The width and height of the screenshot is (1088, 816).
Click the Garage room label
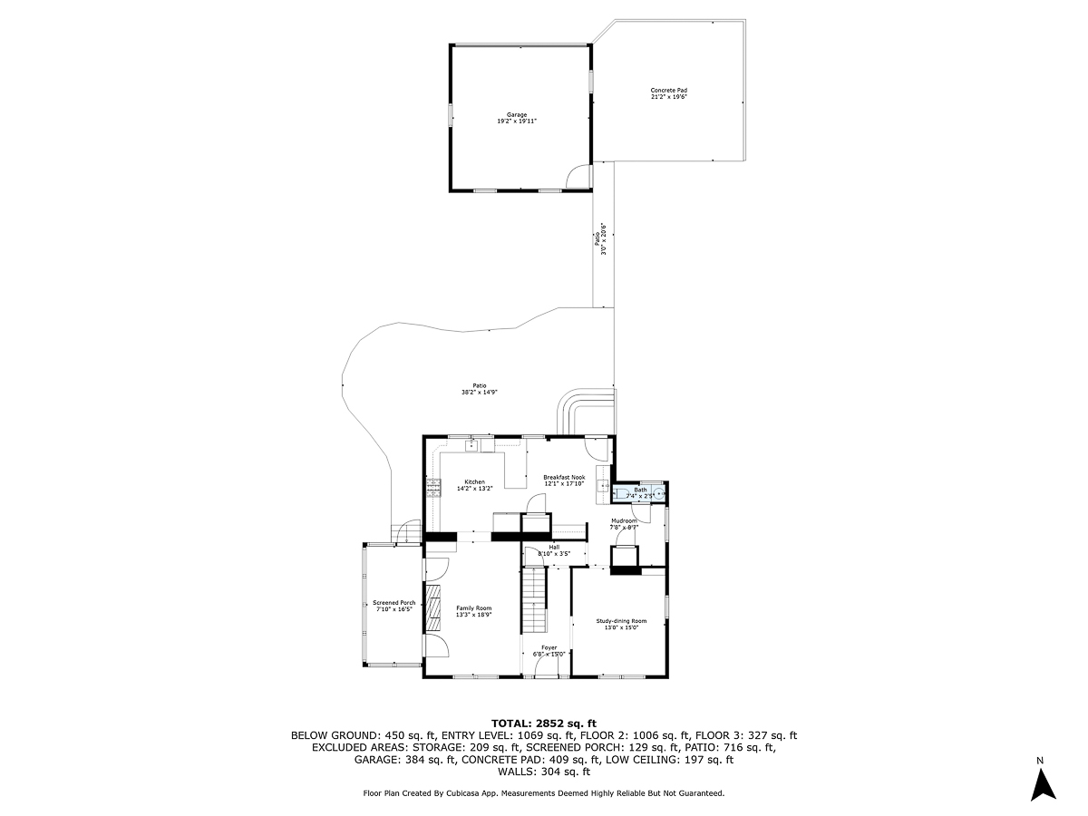click(x=517, y=115)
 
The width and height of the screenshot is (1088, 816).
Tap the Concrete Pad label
click(x=669, y=90)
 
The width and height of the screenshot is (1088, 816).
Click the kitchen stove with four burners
click(x=433, y=487)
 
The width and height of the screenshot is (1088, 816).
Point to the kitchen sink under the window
click(x=471, y=445)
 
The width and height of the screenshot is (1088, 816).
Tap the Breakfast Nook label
click(x=564, y=477)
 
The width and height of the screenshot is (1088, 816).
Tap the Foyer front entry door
click(x=548, y=667)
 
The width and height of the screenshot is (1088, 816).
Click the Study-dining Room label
click(x=621, y=621)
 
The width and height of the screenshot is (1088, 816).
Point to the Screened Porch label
click(x=394, y=603)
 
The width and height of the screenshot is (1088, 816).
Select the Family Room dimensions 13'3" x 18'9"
click(x=474, y=615)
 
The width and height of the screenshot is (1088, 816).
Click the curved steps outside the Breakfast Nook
click(x=585, y=408)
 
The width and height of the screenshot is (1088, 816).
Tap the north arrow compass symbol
click(x=1043, y=782)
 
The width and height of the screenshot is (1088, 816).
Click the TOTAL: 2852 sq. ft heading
click(x=544, y=723)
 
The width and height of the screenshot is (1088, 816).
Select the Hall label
click(x=554, y=547)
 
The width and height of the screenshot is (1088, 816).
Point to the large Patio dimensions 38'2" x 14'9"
click(x=480, y=392)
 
